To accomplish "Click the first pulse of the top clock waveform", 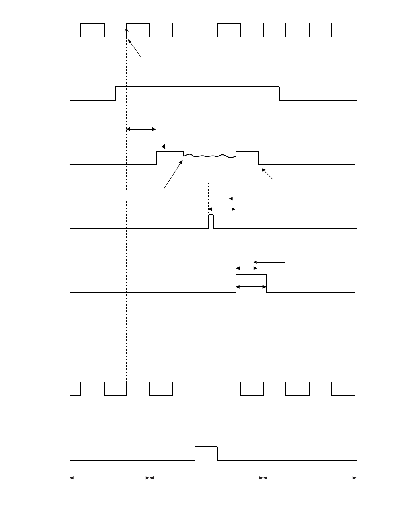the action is pyautogui.click(x=92, y=24).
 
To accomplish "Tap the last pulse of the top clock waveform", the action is pyautogui.click(x=320, y=24).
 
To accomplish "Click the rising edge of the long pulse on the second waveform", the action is pyautogui.click(x=116, y=93).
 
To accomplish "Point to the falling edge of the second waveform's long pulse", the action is pyautogui.click(x=280, y=93).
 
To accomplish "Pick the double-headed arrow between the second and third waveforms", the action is pyautogui.click(x=141, y=129).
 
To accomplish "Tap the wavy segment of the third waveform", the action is pyautogui.click(x=209, y=155).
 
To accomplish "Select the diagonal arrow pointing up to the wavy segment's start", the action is pyautogui.click(x=173, y=174).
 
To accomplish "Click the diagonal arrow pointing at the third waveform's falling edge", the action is pyautogui.click(x=267, y=174).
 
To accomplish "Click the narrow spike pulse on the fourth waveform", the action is pyautogui.click(x=211, y=221).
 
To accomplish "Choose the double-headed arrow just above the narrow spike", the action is pyautogui.click(x=221, y=209).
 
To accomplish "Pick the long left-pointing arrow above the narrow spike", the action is pyautogui.click(x=246, y=199).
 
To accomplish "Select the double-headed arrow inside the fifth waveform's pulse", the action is pyautogui.click(x=251, y=287).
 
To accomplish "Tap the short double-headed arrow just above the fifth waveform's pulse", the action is pyautogui.click(x=246, y=268).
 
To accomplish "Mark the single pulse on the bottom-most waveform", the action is pyautogui.click(x=206, y=447).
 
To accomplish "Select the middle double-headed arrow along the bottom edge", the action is pyautogui.click(x=206, y=478).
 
